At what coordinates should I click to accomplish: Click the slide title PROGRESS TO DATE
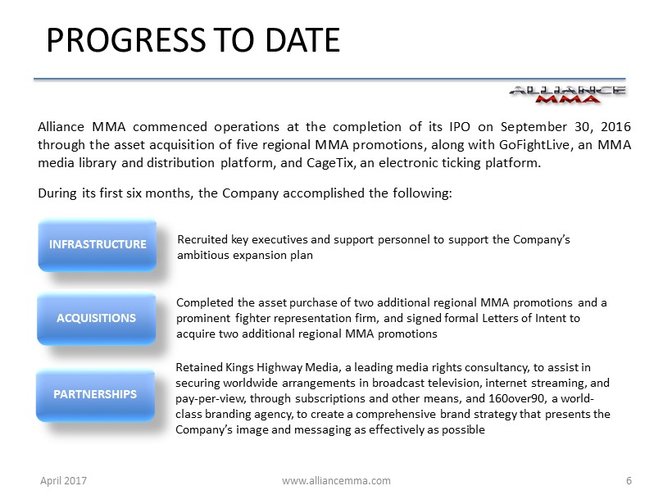pos(193,40)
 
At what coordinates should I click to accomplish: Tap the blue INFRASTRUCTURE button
pos(98,245)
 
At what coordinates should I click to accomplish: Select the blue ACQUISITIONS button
pos(97,319)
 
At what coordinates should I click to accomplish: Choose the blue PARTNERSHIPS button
pos(95,395)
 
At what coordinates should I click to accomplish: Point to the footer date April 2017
pos(63,480)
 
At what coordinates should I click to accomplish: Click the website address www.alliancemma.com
pos(336,480)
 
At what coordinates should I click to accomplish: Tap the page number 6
pos(629,480)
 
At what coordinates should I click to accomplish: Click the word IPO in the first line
pos(460,127)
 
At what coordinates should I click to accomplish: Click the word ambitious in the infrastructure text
pos(203,255)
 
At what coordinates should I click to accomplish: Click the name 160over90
pos(516,398)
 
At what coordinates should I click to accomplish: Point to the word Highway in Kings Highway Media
pos(279,368)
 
